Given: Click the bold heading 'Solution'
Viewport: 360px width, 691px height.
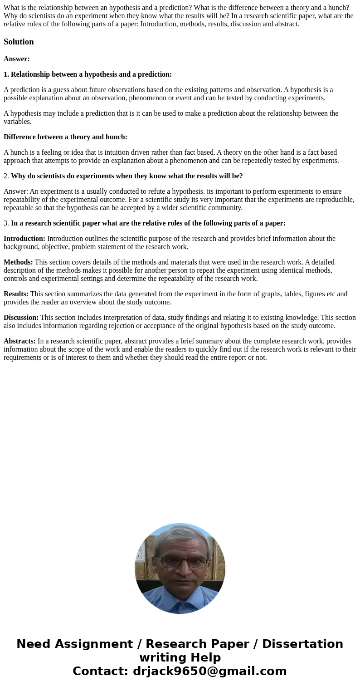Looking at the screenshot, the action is coord(19,42).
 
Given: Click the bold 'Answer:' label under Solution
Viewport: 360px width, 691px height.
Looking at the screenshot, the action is coord(17,59).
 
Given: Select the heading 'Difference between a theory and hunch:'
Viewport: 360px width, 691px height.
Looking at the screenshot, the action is coord(65,137).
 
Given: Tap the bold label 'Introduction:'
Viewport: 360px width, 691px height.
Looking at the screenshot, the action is coord(24,238).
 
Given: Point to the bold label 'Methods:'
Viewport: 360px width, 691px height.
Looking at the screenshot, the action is coord(18,262).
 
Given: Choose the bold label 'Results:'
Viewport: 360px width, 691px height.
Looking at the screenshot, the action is coord(16,294).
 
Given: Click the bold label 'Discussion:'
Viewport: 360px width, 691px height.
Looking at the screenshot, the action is coord(21,317).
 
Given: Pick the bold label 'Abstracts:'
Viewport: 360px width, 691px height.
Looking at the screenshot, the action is coord(19,341).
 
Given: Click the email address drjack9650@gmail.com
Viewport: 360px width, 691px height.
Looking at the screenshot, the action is coord(209,671).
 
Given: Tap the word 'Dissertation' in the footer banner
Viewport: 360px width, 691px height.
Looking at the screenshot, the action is coord(302,644).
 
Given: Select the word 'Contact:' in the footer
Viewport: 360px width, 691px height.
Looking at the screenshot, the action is coord(101,671).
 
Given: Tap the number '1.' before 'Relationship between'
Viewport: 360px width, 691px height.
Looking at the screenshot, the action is coord(6,74).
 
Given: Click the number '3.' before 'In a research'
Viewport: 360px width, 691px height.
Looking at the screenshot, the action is coord(6,223).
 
